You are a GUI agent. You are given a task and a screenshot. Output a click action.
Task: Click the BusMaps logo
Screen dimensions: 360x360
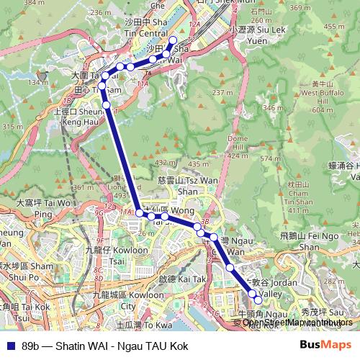point(325,346)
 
